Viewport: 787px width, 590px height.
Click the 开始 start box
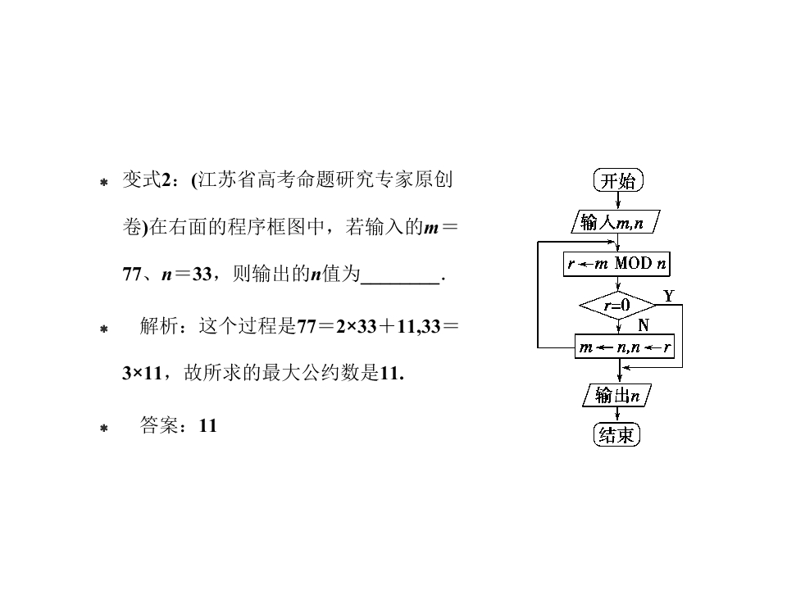click(x=617, y=181)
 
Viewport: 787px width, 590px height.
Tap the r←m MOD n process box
click(x=617, y=264)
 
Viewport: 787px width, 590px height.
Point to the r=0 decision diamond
click(x=616, y=306)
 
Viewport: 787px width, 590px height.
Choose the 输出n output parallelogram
click(x=616, y=396)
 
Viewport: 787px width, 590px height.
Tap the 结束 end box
click(x=616, y=435)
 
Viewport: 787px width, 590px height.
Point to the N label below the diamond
click(x=644, y=325)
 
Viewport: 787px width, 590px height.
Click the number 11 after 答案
click(x=207, y=426)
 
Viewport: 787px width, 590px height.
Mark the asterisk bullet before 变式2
click(x=103, y=184)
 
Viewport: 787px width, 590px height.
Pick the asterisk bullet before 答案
click(x=103, y=428)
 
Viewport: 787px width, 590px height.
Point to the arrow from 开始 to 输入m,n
click(x=617, y=202)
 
